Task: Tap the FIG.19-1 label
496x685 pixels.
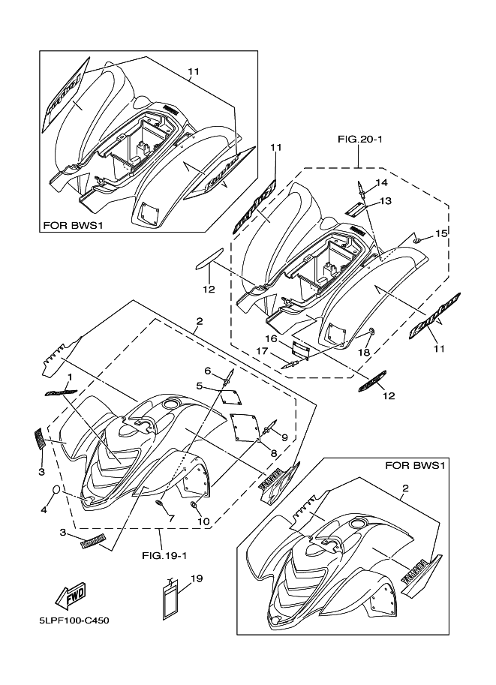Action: [x=161, y=557]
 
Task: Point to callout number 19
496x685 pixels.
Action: [x=197, y=578]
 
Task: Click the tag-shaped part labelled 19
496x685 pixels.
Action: [x=172, y=601]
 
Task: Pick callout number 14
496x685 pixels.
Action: [x=381, y=182]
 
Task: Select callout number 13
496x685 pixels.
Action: [x=385, y=200]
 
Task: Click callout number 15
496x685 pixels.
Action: [x=442, y=234]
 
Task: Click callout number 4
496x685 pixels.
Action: [x=44, y=509]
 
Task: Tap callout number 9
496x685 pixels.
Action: [x=285, y=437]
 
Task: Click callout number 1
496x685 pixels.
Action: [x=69, y=377]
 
